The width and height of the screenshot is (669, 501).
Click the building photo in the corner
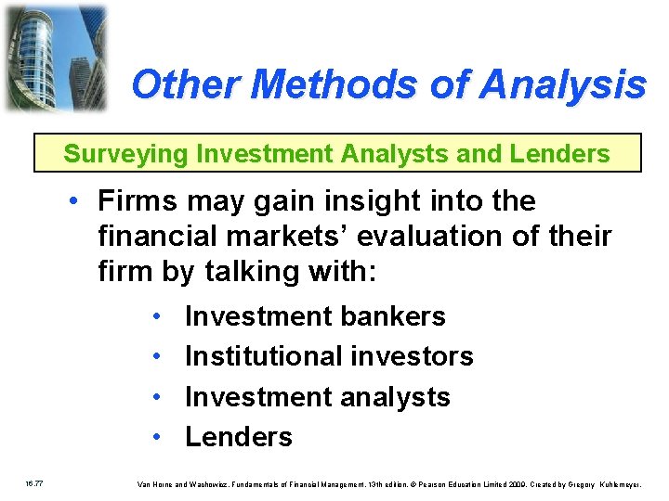[55, 58]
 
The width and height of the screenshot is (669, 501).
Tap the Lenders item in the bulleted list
[239, 436]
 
